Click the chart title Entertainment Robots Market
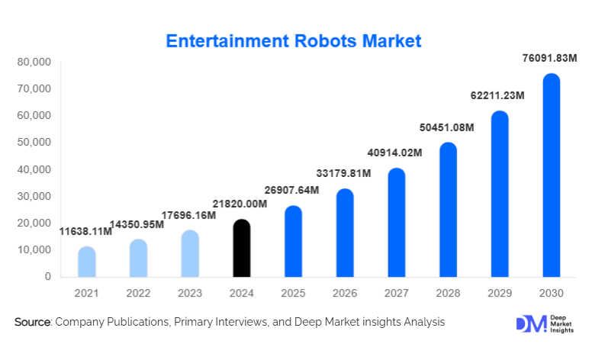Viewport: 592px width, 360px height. [x=294, y=40]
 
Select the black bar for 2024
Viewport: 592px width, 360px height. [x=241, y=248]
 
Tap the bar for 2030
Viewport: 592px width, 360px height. [x=551, y=175]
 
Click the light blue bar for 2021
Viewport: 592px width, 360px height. [x=86, y=262]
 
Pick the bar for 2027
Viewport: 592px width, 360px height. [x=396, y=223]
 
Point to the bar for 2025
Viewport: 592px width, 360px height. [x=293, y=241]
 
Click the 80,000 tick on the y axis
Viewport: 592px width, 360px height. [x=35, y=62]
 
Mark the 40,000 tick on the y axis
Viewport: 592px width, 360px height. [x=35, y=169]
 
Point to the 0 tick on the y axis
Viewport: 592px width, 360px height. [x=47, y=277]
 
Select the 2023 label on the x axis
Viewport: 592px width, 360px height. [x=190, y=294]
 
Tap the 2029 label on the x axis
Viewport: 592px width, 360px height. [x=499, y=294]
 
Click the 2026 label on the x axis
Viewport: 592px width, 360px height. [x=345, y=294]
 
